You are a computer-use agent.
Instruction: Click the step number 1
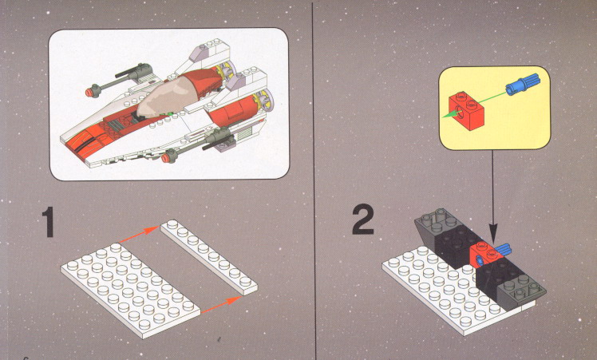pos(49,222)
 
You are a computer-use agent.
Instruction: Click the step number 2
pos(363,220)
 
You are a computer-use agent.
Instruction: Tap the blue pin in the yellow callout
pos(523,84)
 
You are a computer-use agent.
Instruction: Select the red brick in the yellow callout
pos(467,110)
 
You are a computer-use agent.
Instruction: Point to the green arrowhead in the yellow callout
pos(450,113)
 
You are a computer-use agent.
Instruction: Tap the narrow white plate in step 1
pos(208,257)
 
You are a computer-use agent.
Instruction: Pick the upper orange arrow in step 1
pos(139,235)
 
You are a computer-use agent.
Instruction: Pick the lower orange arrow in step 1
pos(221,305)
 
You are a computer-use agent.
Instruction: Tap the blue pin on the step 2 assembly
pos(502,250)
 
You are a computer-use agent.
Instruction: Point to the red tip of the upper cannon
pos(90,92)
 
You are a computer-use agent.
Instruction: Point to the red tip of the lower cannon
pos(166,158)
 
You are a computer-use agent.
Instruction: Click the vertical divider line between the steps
pos(314,180)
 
